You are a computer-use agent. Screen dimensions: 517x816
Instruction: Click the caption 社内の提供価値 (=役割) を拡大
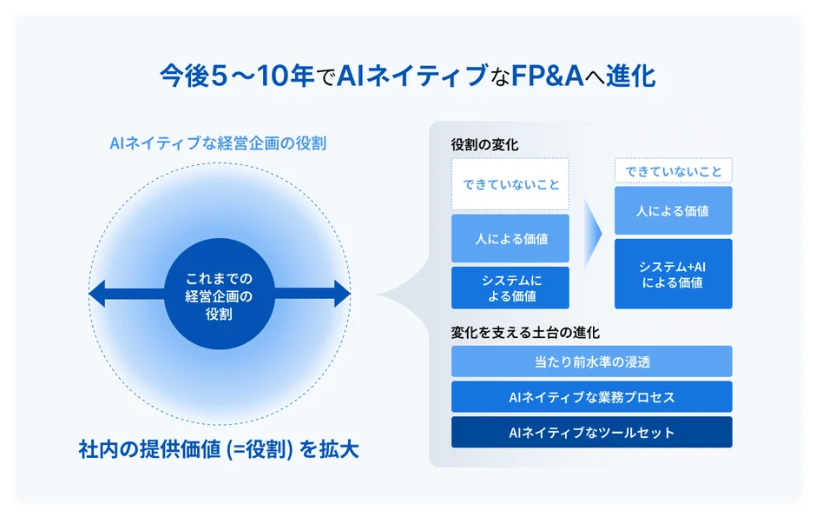pyautogui.click(x=219, y=450)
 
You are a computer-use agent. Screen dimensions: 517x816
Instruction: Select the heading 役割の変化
pyautogui.click(x=484, y=145)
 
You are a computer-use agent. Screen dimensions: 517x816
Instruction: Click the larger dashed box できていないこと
pyautogui.click(x=510, y=184)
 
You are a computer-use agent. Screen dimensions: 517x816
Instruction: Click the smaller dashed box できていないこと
pyautogui.click(x=673, y=171)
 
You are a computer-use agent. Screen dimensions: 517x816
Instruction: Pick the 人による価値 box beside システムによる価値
pyautogui.click(x=510, y=238)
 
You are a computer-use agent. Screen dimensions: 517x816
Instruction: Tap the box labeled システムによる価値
pyautogui.click(x=510, y=288)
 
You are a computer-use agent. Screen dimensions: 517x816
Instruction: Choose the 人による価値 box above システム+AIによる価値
pyautogui.click(x=673, y=210)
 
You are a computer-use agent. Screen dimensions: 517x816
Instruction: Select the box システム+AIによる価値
pyautogui.click(x=673, y=274)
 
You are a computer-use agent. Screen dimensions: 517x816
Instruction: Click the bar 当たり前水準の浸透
pyautogui.click(x=591, y=361)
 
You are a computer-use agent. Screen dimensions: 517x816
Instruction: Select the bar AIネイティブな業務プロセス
pyautogui.click(x=591, y=397)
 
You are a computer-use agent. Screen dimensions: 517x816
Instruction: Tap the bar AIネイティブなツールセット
pyautogui.click(x=591, y=433)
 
